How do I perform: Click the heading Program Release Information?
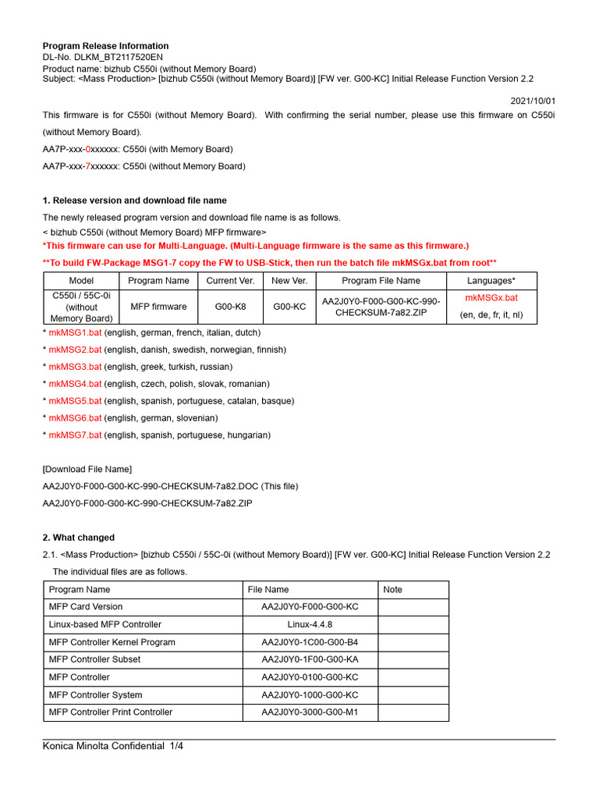pos(105,46)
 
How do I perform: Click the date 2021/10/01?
pos(533,101)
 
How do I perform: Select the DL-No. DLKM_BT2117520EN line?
pos(103,57)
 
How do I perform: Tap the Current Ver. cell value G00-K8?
pos(222,307)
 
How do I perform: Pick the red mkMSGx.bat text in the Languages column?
pos(491,298)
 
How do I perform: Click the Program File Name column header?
pos(381,280)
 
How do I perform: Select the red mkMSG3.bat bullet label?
pos(75,367)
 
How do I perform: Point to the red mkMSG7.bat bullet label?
pos(75,435)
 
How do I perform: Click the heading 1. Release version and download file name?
pos(134,201)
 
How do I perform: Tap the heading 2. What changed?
pos(78,538)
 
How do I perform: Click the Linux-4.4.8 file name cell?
pos(310,624)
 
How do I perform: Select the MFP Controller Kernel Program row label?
pos(112,642)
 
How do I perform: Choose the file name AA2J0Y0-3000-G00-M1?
pos(310,712)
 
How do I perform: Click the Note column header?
pos(393,590)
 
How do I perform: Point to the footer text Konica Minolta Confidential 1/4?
pos(112,747)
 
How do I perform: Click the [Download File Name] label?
pos(87,469)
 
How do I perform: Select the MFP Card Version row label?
pos(85,607)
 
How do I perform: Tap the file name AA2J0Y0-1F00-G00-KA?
pos(310,659)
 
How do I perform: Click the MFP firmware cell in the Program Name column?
pos(158,307)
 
